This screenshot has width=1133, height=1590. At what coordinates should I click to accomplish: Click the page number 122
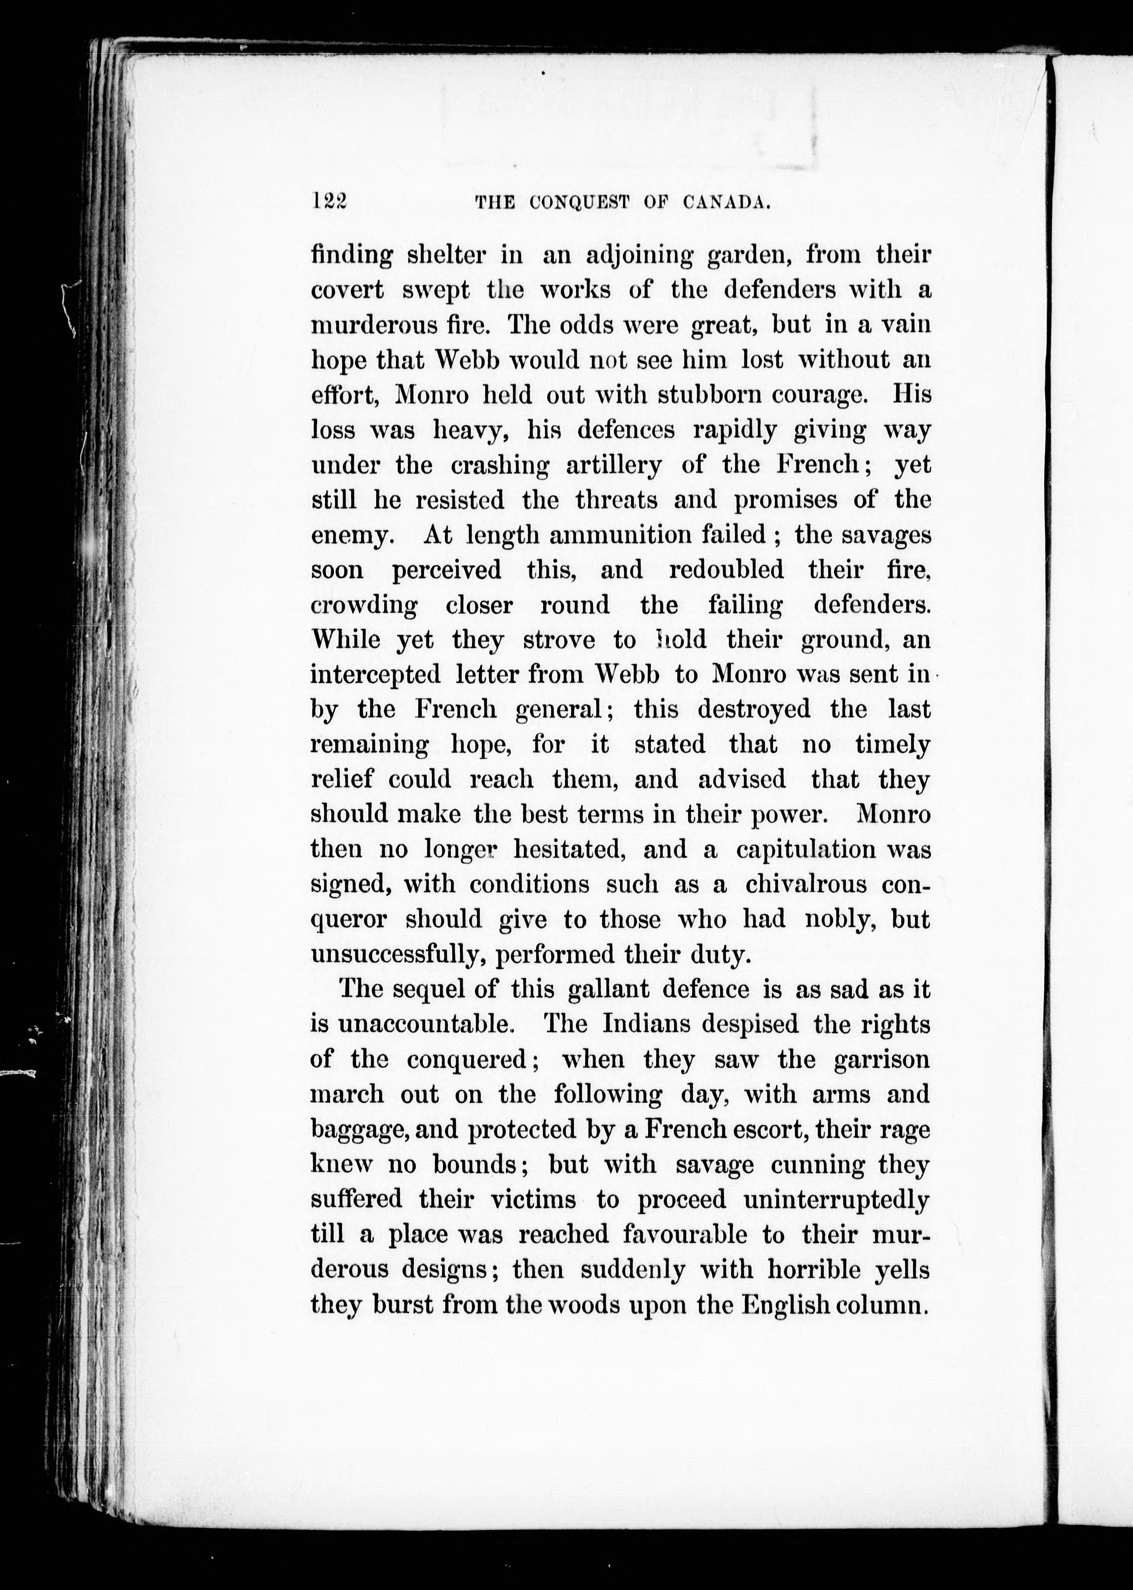tap(329, 202)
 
